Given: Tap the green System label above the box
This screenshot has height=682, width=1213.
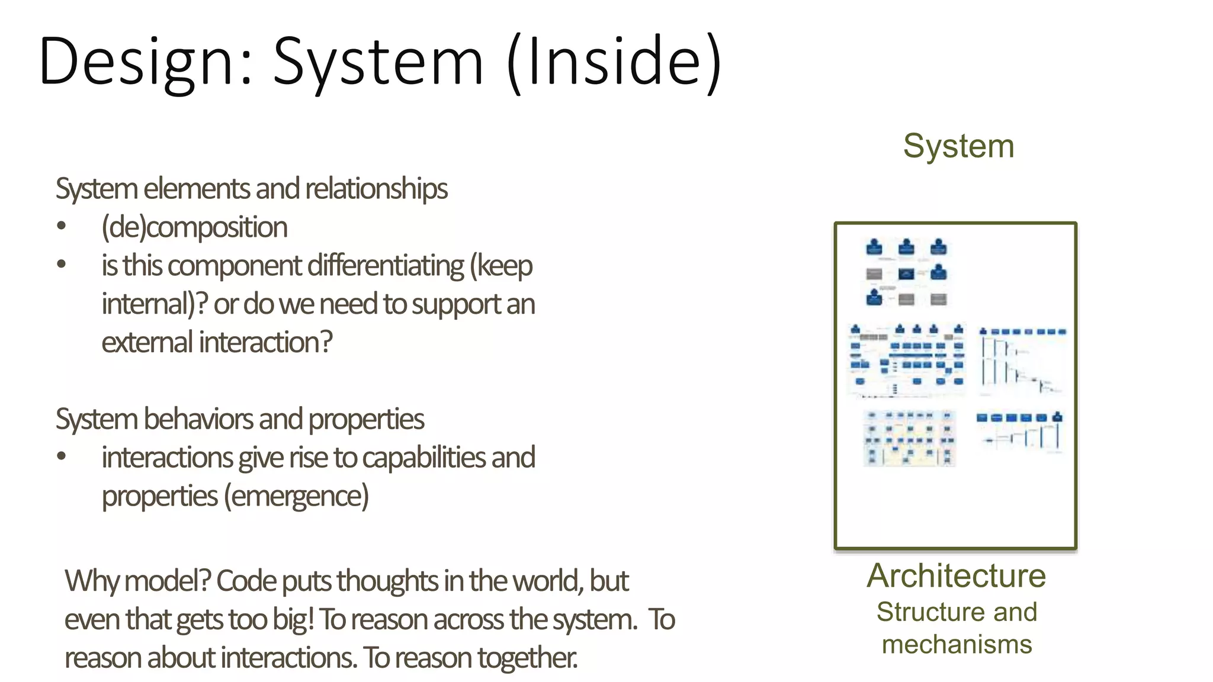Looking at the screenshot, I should pyautogui.click(x=958, y=146).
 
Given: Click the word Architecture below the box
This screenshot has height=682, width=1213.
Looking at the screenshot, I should pyautogui.click(x=957, y=576).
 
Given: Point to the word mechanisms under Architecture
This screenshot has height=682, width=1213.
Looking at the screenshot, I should pyautogui.click(x=957, y=644).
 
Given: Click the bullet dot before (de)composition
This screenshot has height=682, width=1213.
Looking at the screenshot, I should pyautogui.click(x=62, y=226).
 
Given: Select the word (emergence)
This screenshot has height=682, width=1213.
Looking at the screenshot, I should pyautogui.click(x=296, y=496).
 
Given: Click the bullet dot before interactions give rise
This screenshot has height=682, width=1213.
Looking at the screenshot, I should pyautogui.click(x=62, y=456).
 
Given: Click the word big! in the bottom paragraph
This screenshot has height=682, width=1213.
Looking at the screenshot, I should pyautogui.click(x=293, y=620).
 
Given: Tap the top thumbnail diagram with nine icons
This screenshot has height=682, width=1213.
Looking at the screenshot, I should pyautogui.click(x=906, y=272).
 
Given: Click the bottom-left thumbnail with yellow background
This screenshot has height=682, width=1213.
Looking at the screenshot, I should pyautogui.click(x=909, y=439).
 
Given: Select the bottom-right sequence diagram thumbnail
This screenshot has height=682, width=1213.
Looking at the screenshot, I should pyautogui.click(x=1020, y=432).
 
